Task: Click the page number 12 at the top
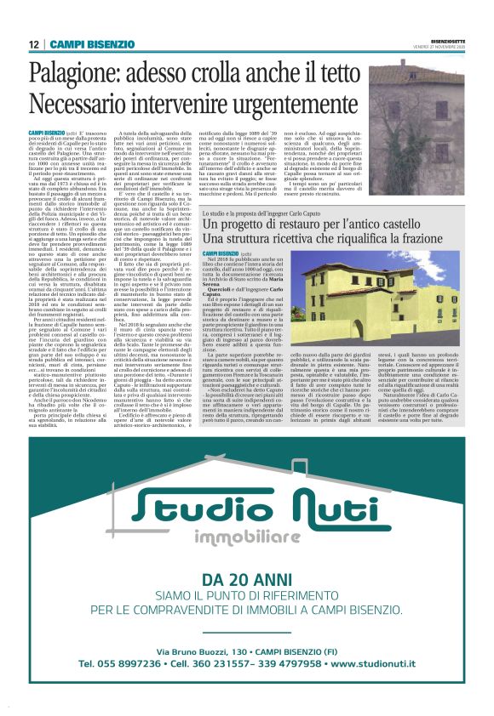click(x=33, y=44)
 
